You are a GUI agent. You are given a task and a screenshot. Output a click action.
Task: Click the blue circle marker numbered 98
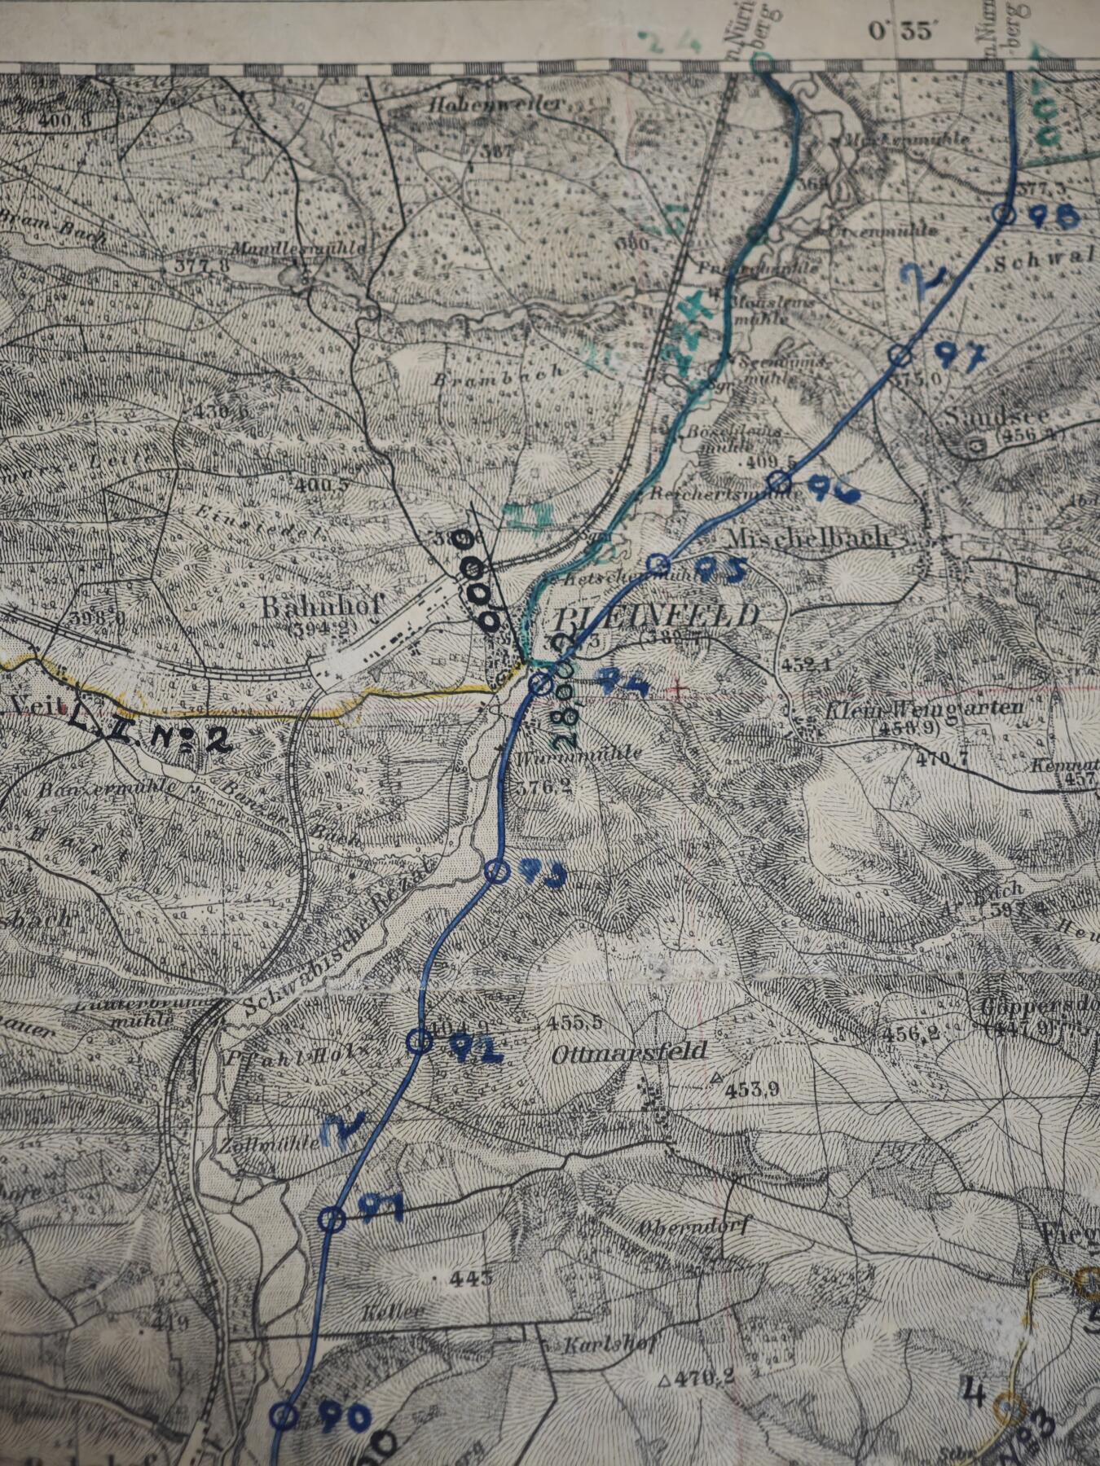tap(1005, 214)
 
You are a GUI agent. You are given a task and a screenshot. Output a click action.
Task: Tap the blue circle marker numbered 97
tap(899, 354)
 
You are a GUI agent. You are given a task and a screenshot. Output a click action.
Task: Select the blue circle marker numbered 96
tap(780, 482)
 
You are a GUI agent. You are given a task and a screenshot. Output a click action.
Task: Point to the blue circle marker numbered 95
tap(660, 564)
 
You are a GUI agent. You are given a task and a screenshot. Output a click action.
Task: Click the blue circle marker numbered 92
tap(419, 1041)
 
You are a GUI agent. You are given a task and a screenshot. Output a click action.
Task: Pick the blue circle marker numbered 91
tap(331, 1218)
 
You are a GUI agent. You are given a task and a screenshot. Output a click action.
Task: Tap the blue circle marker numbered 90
tap(283, 1416)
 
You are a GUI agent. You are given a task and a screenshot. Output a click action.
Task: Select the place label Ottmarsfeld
tap(629, 1052)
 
